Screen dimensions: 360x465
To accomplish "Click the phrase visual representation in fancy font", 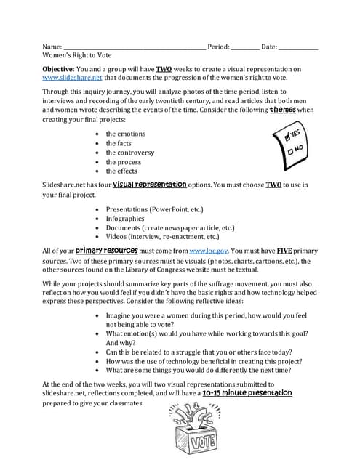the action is (x=150, y=185).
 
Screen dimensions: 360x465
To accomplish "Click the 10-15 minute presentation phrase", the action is (x=247, y=393).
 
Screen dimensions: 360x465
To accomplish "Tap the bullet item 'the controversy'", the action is (x=130, y=153).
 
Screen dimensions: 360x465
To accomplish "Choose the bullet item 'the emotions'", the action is (x=126, y=134).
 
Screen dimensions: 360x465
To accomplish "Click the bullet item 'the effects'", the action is (x=122, y=171).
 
